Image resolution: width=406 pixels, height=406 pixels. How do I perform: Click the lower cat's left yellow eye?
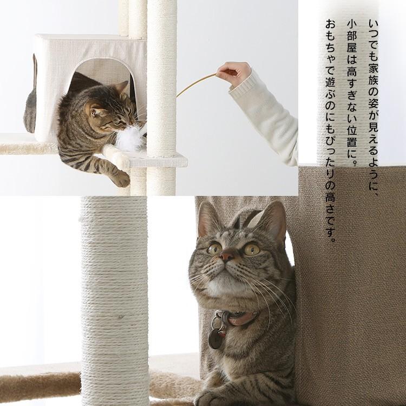pyautogui.click(x=214, y=248)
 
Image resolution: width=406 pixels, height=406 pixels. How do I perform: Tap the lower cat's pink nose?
pyautogui.click(x=227, y=256)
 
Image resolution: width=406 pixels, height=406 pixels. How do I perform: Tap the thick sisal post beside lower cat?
pyautogui.click(x=114, y=298)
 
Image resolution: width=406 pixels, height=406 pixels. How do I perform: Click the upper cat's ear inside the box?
pyautogui.click(x=122, y=87)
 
